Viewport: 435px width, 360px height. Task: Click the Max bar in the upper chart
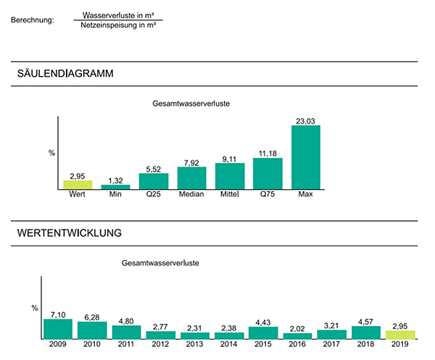pyautogui.click(x=305, y=157)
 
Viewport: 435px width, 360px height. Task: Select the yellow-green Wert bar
pyautogui.click(x=78, y=185)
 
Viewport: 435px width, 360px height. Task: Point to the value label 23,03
pyautogui.click(x=305, y=120)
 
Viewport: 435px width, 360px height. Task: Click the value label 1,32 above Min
pyautogui.click(x=115, y=180)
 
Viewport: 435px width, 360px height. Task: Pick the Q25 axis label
pyautogui.click(x=154, y=194)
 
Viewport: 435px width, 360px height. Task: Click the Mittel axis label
pyautogui.click(x=230, y=194)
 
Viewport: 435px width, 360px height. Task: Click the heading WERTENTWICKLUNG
pyautogui.click(x=69, y=233)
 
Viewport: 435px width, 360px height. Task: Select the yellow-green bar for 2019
pyautogui.click(x=399, y=335)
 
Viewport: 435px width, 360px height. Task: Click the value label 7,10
pyautogui.click(x=57, y=314)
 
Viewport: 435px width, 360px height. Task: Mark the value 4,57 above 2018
pyautogui.click(x=365, y=321)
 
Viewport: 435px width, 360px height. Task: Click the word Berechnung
pyautogui.click(x=33, y=20)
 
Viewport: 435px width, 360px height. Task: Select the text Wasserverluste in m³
pyautogui.click(x=118, y=14)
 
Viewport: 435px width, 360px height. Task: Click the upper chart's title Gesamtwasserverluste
pyautogui.click(x=191, y=104)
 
